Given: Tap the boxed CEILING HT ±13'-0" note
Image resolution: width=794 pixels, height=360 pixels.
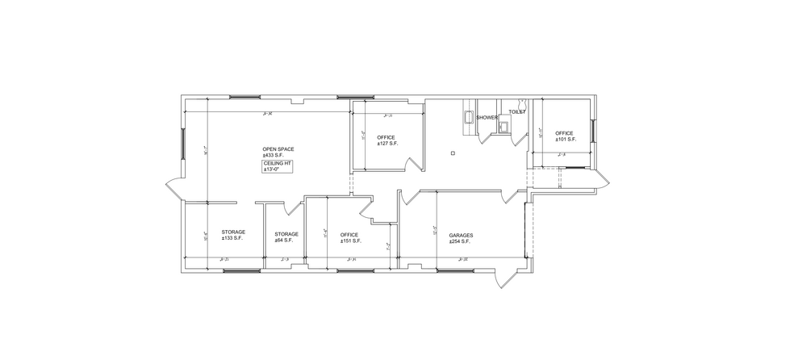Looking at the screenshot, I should (276, 167).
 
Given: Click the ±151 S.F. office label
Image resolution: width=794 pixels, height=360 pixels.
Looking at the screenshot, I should (349, 238).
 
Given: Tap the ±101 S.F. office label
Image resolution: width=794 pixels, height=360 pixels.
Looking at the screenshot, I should (564, 136).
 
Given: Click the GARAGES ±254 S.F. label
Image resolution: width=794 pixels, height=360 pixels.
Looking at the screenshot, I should (461, 238).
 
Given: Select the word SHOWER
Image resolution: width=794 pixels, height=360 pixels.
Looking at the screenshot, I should (487, 117).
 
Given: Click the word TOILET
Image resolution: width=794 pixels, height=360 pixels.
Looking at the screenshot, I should (517, 112).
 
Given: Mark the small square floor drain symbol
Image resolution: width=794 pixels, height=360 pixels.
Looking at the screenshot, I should (453, 153).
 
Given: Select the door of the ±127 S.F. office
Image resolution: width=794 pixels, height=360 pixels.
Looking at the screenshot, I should (414, 165).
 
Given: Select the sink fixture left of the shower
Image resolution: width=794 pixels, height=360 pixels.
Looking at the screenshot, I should (468, 117).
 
